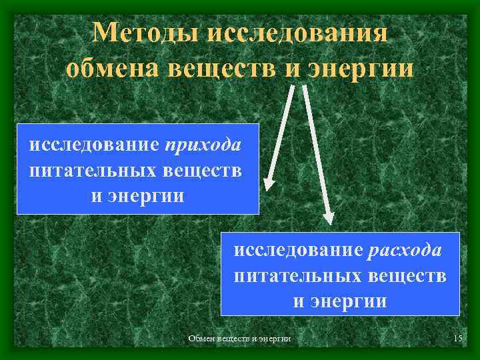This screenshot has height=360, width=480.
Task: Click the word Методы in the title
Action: point(142,32)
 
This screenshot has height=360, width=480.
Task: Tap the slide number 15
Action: point(457,339)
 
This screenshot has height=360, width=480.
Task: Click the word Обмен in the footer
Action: point(202,339)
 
